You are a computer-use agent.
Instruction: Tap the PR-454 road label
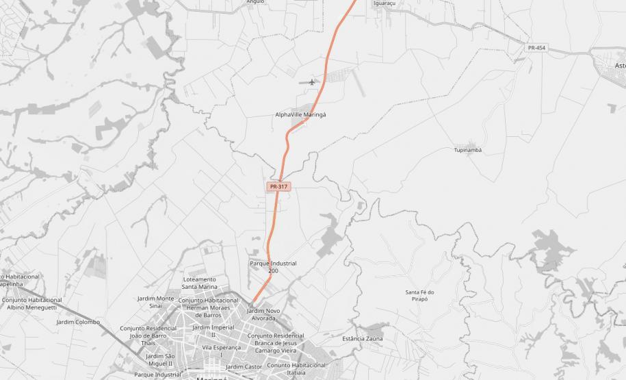pos(536,47)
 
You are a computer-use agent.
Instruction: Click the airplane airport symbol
pos(313,82)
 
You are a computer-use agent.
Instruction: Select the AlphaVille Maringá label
pos(300,115)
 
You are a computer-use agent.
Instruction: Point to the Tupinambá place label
pos(468,150)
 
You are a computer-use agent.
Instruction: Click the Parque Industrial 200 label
pos(273,267)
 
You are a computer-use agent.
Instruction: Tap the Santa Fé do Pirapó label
pos(419,296)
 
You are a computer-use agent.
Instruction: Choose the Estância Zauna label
pos(363,339)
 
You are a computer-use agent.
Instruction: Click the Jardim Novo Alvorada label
pos(263,315)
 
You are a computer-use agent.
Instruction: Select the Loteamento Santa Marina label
pos(199,283)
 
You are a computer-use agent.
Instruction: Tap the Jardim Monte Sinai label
pos(155,302)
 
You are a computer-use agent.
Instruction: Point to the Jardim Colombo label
pos(78,322)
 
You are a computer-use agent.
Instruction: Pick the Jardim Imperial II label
pos(213,331)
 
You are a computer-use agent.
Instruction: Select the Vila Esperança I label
pos(221,351)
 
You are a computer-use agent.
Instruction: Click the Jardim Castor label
pos(244,367)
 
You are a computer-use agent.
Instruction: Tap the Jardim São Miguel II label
pos(160,359)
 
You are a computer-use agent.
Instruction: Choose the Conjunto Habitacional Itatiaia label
pos(296,368)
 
